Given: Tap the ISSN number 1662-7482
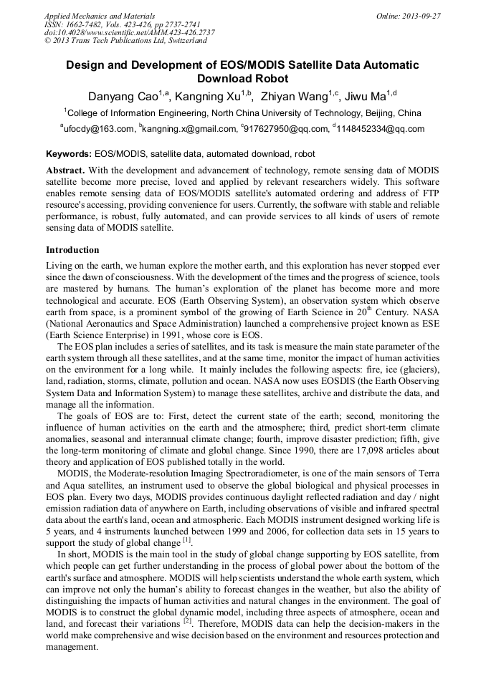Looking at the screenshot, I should [x=87, y=24].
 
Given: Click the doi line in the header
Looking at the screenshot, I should [x=129, y=32].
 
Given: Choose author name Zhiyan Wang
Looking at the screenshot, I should [x=295, y=96].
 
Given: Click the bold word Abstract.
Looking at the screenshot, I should [x=66, y=170].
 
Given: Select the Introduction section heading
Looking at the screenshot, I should [x=72, y=250].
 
